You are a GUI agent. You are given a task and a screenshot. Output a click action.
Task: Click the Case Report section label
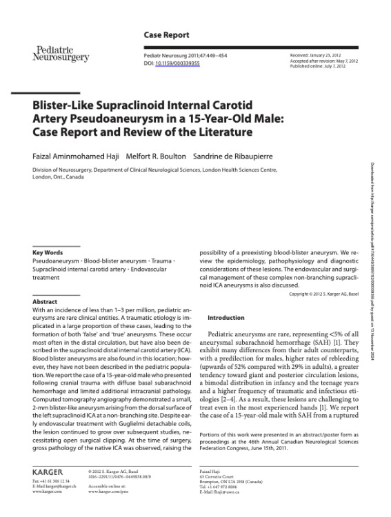tap(166, 34)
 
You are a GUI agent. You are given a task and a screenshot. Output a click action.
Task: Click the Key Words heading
tap(48, 253)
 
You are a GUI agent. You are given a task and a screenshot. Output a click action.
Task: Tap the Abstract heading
tap(45, 302)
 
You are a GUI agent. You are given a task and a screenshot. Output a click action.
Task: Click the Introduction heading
tap(225, 318)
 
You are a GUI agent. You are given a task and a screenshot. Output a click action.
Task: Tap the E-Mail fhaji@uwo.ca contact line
tap(219, 492)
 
